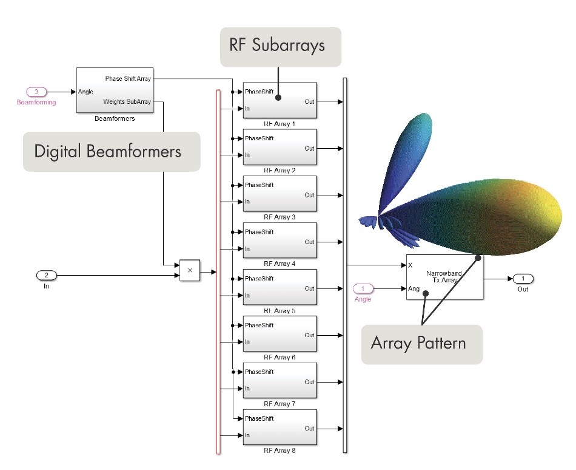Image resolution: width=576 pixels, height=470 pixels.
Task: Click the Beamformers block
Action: (115, 90)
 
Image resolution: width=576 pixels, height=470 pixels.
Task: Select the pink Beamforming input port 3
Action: (36, 92)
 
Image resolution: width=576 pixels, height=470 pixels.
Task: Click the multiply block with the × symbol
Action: (189, 271)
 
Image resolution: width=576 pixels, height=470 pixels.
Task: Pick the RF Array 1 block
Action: (280, 101)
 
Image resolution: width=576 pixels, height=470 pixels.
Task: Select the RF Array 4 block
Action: (280, 241)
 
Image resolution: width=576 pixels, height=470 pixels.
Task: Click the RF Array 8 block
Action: (280, 427)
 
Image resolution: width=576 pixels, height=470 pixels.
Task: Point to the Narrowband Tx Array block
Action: (444, 277)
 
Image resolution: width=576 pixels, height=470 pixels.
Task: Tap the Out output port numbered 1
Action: (523, 279)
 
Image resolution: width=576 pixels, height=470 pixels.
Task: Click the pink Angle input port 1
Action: (363, 288)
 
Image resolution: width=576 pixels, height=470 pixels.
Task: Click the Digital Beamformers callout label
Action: (108, 151)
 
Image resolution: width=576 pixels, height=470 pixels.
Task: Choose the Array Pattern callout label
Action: (418, 343)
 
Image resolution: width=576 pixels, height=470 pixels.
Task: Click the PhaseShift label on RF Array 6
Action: (259, 325)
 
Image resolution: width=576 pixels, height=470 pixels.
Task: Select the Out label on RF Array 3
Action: (309, 195)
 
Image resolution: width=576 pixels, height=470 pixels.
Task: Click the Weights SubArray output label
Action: (127, 101)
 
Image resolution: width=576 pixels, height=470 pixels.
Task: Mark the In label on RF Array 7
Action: (247, 389)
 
